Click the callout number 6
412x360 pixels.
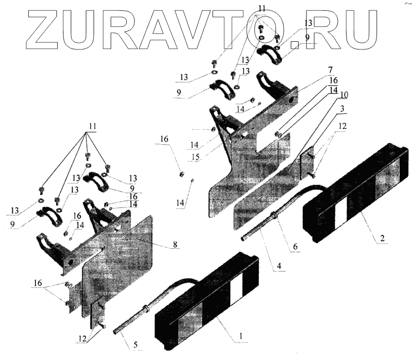click(295, 247)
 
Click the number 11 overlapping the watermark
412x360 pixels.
click(263, 9)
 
